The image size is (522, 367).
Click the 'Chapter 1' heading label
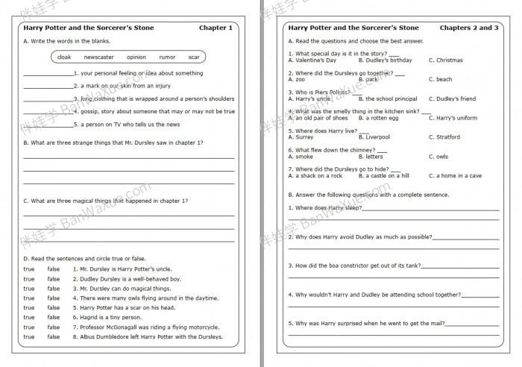(x=216, y=28)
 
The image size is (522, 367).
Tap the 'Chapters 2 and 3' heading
(x=469, y=28)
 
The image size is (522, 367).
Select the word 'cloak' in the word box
(x=65, y=57)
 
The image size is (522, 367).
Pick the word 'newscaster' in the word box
(x=98, y=57)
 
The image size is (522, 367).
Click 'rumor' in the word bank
(x=167, y=57)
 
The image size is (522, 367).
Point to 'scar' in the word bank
(x=194, y=57)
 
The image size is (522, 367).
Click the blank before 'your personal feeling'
(x=48, y=74)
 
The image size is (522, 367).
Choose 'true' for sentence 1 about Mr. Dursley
(x=29, y=269)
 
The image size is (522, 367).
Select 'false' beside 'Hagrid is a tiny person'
(x=54, y=318)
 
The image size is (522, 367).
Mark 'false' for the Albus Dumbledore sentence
(x=54, y=337)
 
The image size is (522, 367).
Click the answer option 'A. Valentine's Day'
(x=312, y=60)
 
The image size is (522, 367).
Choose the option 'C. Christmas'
(x=445, y=60)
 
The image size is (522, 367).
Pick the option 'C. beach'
(x=440, y=80)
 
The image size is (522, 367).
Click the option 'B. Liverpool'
(x=374, y=137)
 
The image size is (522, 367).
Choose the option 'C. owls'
(x=438, y=157)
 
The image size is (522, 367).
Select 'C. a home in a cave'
(x=455, y=176)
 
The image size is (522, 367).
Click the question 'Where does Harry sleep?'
(x=324, y=208)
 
